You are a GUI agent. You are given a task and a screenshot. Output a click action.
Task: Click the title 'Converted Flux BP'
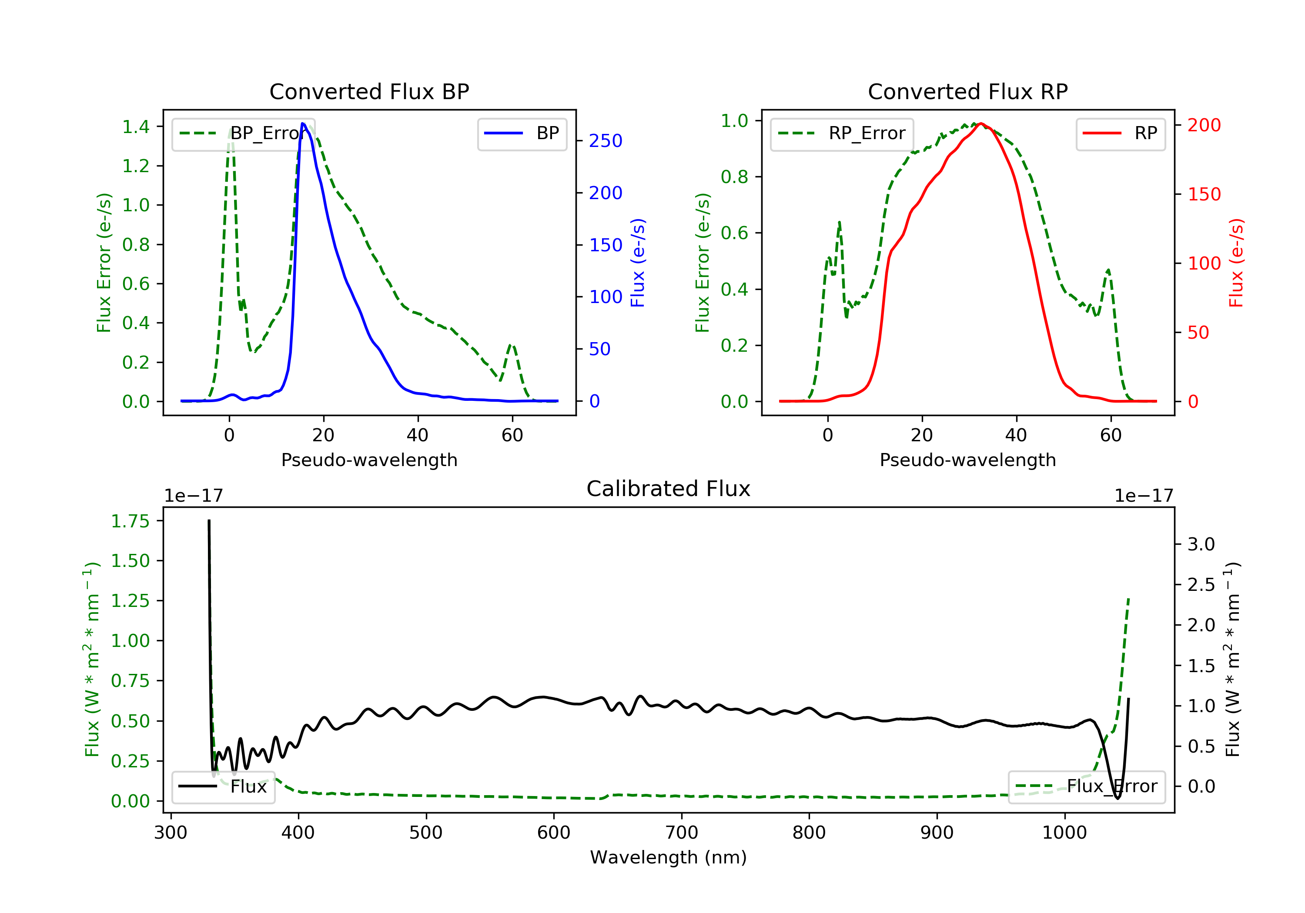(x=369, y=91)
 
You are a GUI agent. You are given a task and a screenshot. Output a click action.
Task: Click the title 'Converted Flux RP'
(x=967, y=91)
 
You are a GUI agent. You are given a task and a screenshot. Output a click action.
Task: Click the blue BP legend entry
(x=522, y=133)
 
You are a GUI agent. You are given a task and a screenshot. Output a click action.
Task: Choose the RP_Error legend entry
(x=842, y=133)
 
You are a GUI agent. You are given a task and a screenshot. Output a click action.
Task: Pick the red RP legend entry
(x=1120, y=133)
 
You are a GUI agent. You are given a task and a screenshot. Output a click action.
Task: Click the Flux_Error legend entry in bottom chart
(x=1086, y=786)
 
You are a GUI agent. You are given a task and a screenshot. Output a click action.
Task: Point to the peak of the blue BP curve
(x=303, y=123)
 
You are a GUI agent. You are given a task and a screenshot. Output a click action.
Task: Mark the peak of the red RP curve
(x=981, y=123)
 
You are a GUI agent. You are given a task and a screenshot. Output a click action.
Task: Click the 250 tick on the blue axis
(x=606, y=141)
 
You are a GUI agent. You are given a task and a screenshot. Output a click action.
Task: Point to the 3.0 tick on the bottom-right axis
(x=1201, y=544)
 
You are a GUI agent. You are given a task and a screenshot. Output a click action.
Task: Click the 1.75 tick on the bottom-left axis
(x=130, y=521)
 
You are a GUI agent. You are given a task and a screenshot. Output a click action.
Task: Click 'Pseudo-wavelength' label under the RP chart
(x=967, y=460)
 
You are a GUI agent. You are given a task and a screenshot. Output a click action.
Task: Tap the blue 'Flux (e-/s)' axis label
(x=638, y=263)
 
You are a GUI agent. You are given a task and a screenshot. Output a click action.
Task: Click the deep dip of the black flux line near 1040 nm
(x=1118, y=798)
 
